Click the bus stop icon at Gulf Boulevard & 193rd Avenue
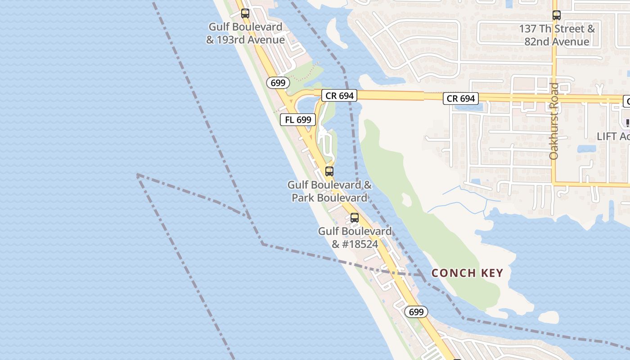[x=245, y=13]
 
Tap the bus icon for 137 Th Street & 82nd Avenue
[x=557, y=15]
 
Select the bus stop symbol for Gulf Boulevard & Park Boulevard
[x=329, y=171]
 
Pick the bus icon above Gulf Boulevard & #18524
[x=355, y=218]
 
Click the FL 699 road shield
[x=298, y=120]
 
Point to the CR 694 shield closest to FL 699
[x=339, y=95]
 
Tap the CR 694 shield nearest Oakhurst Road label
[x=461, y=99]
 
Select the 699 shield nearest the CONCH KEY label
[x=416, y=312]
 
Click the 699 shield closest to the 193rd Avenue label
[x=278, y=83]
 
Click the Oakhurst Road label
[x=554, y=121]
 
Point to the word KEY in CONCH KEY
[x=492, y=273]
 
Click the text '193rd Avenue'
[x=253, y=40]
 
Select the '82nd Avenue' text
[x=557, y=42]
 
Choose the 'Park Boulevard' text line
[x=329, y=198]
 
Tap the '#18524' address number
[x=361, y=244]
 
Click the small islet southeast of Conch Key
[x=549, y=317]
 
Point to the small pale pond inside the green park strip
[x=407, y=199]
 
